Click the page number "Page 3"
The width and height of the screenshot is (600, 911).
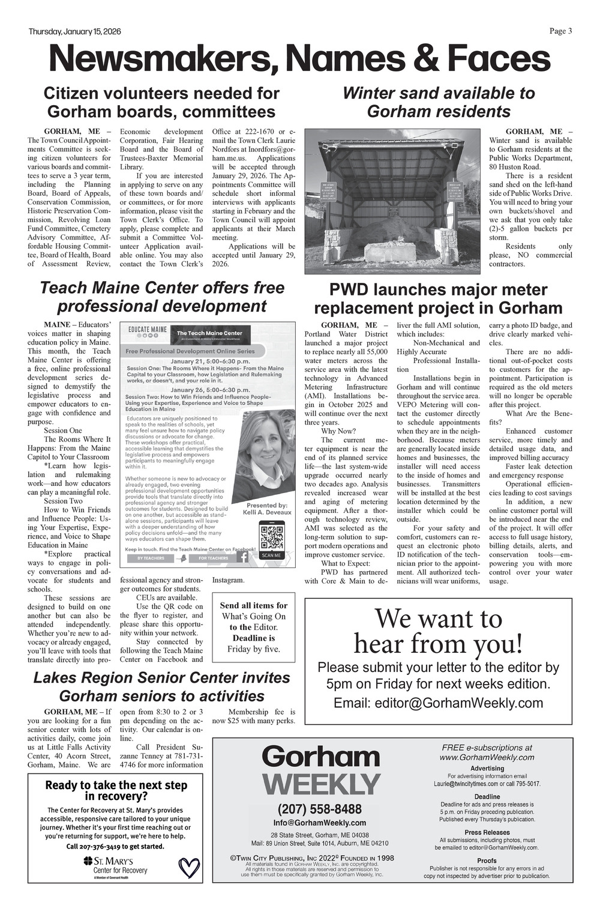(x=560, y=31)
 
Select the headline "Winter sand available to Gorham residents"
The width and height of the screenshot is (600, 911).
(x=438, y=102)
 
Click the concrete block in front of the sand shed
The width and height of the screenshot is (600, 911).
(x=390, y=252)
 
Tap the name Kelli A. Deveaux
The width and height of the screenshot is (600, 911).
(x=266, y=512)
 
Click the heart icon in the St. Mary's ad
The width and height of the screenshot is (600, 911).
(x=190, y=868)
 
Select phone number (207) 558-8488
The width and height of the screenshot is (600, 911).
(x=319, y=809)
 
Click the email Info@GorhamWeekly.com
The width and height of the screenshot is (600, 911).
(x=319, y=823)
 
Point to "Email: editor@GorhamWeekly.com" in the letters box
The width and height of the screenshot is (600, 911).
(x=438, y=703)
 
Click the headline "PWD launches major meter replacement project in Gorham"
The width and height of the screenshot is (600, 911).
(x=438, y=299)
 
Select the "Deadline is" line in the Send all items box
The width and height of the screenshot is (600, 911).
(x=253, y=638)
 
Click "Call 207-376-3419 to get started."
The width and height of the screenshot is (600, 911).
(x=115, y=846)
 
